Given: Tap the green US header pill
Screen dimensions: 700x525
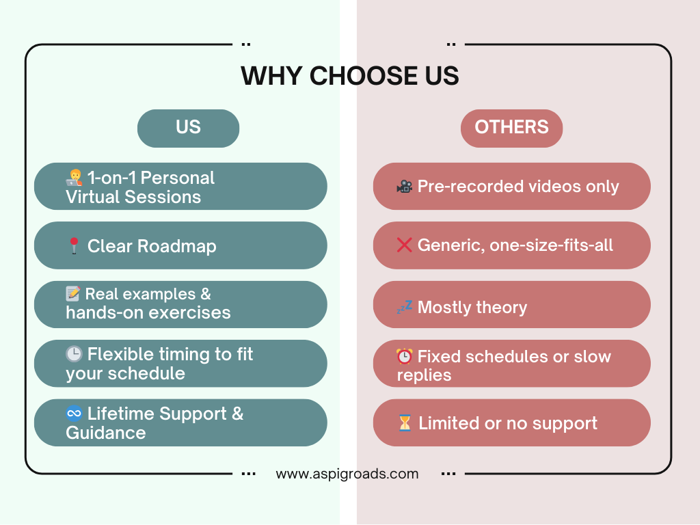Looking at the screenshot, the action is tap(189, 128).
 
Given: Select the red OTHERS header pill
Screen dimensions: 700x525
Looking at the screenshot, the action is tap(511, 128).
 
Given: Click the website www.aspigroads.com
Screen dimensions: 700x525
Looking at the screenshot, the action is tap(347, 474).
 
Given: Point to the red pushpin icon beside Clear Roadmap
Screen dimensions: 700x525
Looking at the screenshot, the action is tap(74, 245).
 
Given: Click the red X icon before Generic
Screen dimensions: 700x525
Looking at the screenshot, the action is tap(405, 245).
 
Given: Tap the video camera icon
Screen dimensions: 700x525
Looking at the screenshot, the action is tap(405, 186).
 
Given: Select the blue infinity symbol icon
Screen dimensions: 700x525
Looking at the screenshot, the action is tap(74, 414).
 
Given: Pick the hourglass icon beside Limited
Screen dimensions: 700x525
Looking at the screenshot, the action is tap(405, 422).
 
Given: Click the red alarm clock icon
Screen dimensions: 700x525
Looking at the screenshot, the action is tap(405, 356).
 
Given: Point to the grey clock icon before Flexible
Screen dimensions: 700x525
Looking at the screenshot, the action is tap(74, 354).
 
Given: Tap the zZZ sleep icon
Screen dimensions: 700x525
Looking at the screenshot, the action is tap(405, 307).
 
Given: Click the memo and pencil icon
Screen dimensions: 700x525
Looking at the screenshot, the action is tap(73, 293).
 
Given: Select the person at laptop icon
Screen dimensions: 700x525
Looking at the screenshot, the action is tap(74, 178).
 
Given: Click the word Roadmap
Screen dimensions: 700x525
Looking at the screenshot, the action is tap(177, 246).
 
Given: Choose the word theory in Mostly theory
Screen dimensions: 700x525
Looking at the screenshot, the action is tap(502, 308).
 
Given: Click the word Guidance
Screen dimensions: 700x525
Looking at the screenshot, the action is tap(106, 433).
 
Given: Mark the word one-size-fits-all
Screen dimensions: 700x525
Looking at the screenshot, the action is tap(552, 245).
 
